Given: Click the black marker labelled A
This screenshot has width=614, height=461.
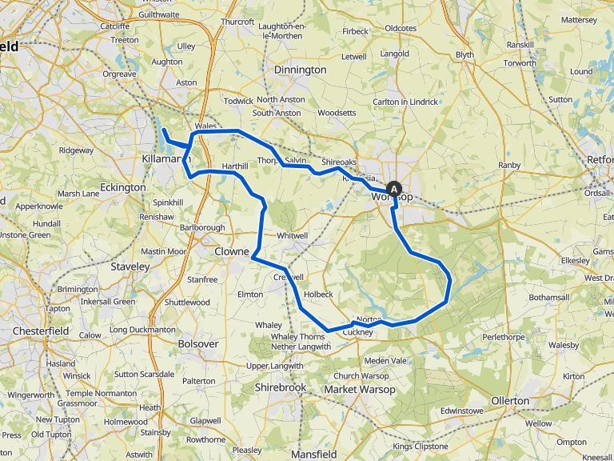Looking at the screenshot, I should click(x=394, y=189).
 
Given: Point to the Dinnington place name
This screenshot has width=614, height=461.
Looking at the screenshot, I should click(x=300, y=70).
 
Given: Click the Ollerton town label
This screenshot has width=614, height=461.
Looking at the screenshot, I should click(x=509, y=400).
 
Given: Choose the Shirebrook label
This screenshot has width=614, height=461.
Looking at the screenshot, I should click(x=280, y=387).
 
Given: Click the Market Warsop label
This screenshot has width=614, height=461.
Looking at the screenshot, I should click(x=360, y=389).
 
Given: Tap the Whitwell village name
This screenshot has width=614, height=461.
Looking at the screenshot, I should click(x=292, y=235).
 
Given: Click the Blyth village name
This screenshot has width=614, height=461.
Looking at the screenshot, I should click(x=464, y=54).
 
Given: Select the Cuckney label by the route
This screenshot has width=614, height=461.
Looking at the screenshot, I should click(x=358, y=332).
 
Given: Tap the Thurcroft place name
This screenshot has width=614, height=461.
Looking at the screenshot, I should click(x=237, y=22).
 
